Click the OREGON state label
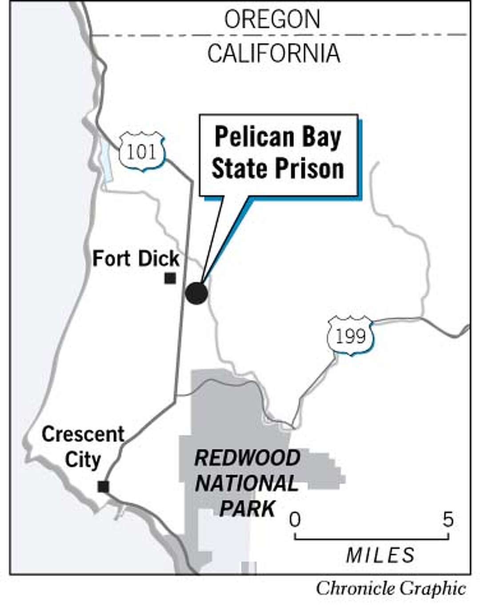[x=272, y=20]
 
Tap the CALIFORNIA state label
[x=274, y=53]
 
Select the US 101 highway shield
[x=141, y=152]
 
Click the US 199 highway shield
[x=350, y=336]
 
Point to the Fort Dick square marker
[x=170, y=279]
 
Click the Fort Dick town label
[x=136, y=259]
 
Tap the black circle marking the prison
[x=196, y=293]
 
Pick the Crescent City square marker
[x=103, y=486]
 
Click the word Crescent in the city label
[x=83, y=434]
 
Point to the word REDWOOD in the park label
[x=247, y=458]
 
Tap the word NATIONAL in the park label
[x=247, y=484]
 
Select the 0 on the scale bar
[x=295, y=519]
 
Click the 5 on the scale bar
[x=448, y=519]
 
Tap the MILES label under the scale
[x=380, y=555]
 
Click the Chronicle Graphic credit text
[x=391, y=589]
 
